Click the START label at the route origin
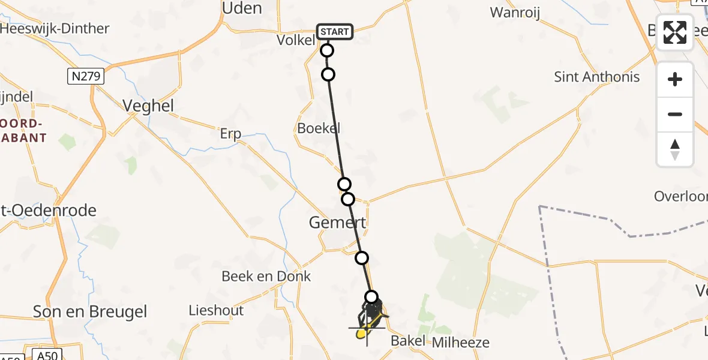pos(335,32)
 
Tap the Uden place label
pos(242,8)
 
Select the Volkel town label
pos(296,40)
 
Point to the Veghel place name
pos(148,106)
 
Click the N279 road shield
pos(86,76)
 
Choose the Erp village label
pos(230,134)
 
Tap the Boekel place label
pos(319,128)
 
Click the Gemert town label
pos(337,223)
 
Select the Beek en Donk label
pos(266,276)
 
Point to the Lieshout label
pos(216,310)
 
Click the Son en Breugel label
pos(90,312)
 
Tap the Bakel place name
pos(408,341)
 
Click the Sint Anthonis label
pos(596,77)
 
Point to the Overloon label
pos(680,197)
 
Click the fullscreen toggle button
pos(675,32)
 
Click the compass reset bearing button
pos(675,149)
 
